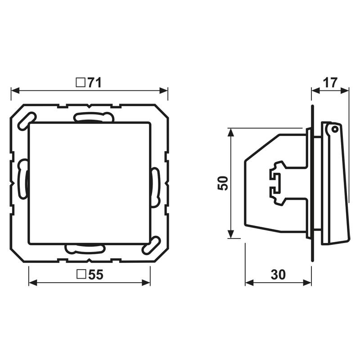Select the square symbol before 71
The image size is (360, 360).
click(x=81, y=83)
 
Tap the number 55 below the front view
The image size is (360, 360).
click(x=95, y=274)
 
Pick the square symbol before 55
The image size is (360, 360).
click(x=81, y=274)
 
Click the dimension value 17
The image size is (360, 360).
click(x=330, y=82)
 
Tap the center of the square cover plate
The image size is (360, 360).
click(x=89, y=183)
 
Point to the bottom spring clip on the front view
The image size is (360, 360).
click(x=85, y=247)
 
